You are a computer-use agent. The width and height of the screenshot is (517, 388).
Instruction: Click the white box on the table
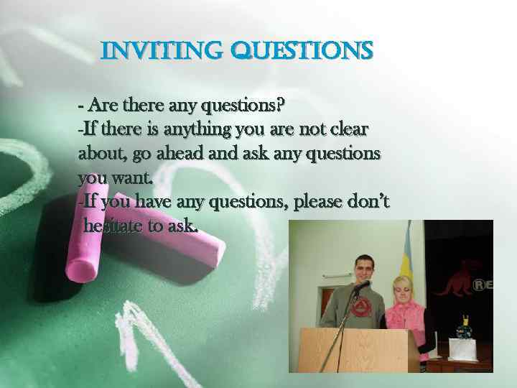(x=466, y=349)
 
